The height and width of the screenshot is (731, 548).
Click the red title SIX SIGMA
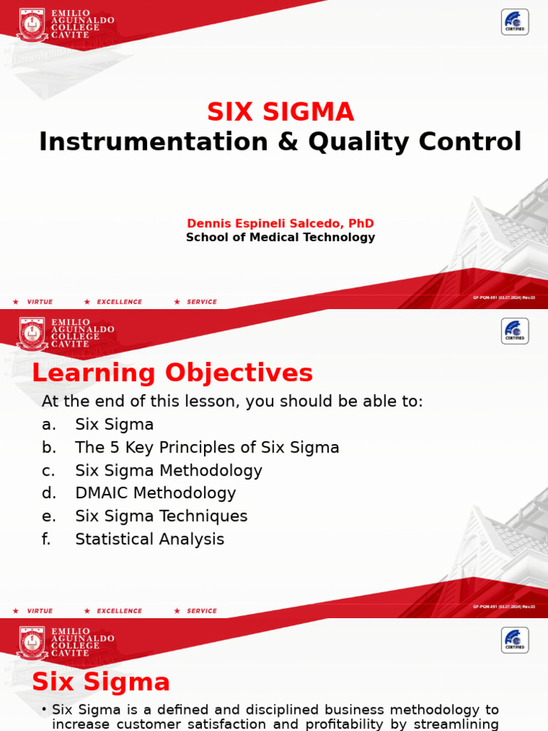point(280,112)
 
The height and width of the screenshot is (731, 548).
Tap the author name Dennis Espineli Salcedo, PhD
point(280,223)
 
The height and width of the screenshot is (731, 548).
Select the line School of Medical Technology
point(280,237)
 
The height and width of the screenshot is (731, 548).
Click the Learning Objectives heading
point(173,373)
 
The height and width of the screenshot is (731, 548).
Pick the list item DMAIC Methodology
point(156,493)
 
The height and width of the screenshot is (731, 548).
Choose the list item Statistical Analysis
point(150,539)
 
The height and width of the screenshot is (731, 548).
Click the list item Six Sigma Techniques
point(161,516)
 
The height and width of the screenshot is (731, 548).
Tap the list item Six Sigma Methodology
point(169,470)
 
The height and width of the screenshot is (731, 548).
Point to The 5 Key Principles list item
point(207,448)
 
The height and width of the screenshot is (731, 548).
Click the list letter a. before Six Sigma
point(49,425)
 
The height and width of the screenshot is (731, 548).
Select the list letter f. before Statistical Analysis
point(47,539)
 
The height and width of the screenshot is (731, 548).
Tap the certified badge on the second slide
point(514,331)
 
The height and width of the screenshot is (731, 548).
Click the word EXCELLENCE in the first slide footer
point(119,302)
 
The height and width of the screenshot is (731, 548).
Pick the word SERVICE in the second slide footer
point(201,611)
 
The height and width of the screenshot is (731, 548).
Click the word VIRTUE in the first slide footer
point(40,302)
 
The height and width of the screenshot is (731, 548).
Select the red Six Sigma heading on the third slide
point(101,682)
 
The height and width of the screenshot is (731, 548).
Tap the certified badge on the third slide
point(514,640)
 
